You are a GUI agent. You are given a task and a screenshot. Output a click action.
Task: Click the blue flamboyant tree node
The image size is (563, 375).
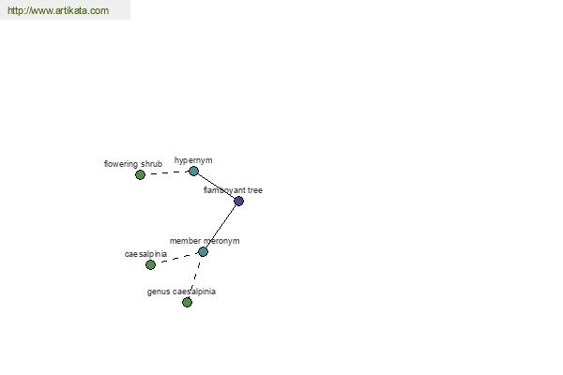[x=238, y=201]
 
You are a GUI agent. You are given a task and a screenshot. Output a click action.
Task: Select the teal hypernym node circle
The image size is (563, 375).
[x=193, y=172]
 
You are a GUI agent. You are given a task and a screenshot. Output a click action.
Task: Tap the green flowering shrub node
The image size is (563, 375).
[x=140, y=174]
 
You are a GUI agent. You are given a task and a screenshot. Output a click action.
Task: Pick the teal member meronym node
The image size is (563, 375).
[x=203, y=251]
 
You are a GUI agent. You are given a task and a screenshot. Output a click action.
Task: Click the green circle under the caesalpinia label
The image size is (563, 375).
[x=150, y=264]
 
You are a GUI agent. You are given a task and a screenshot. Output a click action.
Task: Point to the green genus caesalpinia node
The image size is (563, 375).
[x=187, y=302]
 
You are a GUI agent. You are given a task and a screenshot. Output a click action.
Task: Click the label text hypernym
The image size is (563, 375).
[x=193, y=160]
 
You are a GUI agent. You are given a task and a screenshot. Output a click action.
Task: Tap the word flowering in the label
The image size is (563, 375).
[x=121, y=164]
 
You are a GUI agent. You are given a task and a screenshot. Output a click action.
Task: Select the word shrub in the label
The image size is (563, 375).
[x=151, y=164]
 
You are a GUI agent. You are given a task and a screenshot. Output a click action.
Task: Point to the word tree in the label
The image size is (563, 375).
[x=255, y=190]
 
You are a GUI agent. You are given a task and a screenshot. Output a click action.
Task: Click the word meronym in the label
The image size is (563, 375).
[x=221, y=241]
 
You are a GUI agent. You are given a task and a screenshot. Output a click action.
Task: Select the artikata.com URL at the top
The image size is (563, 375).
[x=58, y=10]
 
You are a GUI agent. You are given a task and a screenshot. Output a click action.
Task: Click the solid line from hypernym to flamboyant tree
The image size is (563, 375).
[x=216, y=186]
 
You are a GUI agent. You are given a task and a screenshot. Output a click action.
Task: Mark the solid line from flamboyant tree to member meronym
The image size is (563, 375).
[x=221, y=227]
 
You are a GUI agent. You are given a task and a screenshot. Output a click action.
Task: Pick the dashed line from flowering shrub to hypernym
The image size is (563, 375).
[x=167, y=172]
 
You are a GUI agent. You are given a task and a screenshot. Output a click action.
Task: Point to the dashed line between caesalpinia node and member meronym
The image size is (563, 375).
[x=176, y=259]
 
